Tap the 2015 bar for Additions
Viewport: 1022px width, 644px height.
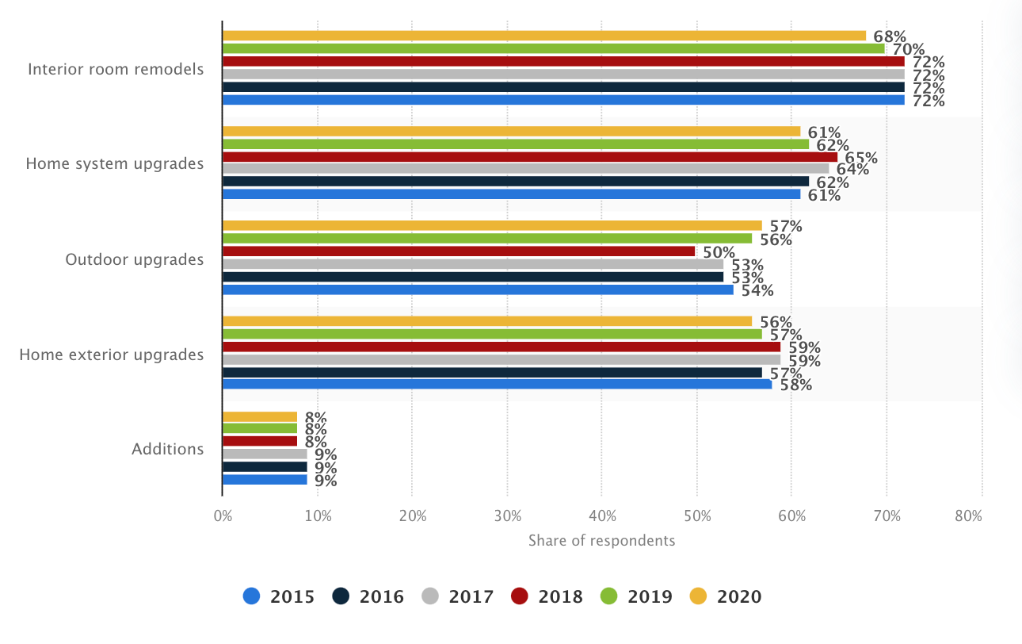[x=265, y=480]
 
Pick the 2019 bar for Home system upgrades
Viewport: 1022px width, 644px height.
[x=515, y=144]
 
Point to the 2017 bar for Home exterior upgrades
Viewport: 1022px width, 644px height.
[x=501, y=360]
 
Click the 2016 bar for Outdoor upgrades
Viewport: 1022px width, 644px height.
[x=472, y=277]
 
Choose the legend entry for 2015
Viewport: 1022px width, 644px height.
[x=279, y=596]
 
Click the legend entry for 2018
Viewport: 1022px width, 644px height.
[x=547, y=596]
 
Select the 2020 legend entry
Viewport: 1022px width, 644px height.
[x=726, y=596]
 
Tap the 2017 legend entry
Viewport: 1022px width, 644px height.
[x=458, y=596]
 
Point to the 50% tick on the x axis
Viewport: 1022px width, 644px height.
[x=696, y=516]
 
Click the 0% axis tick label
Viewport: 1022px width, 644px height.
[x=223, y=516]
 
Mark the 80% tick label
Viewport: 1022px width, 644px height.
[x=968, y=516]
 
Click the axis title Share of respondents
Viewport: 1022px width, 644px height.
[x=601, y=541]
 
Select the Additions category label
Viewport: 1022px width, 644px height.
[x=167, y=449]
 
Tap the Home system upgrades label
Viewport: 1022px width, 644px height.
[x=114, y=164]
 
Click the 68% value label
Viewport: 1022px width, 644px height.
[x=890, y=36]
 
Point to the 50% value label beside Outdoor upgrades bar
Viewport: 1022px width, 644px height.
[x=719, y=252]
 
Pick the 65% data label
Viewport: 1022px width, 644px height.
[x=861, y=157]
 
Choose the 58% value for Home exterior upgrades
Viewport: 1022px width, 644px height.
[x=795, y=385]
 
